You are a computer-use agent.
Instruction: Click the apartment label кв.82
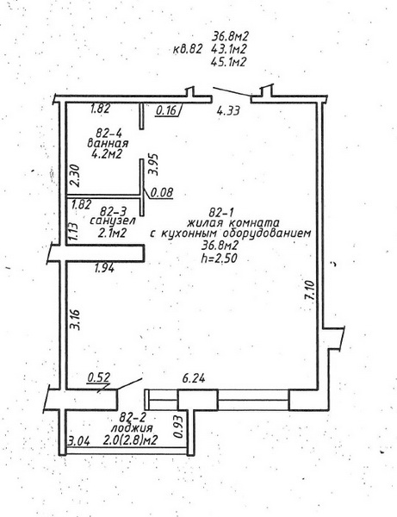[187, 49]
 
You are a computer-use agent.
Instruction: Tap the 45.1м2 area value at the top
[229, 62]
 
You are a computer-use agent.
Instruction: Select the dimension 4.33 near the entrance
[228, 110]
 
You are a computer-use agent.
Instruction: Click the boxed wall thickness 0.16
[166, 110]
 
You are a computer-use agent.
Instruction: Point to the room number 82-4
[109, 134]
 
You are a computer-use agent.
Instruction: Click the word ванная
[108, 143]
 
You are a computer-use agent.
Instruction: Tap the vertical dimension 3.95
[154, 165]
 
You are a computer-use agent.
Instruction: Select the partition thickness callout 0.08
[161, 192]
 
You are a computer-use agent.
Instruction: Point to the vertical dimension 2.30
[75, 176]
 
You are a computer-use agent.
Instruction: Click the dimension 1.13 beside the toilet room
[74, 232]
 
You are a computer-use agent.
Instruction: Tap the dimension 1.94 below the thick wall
[104, 269]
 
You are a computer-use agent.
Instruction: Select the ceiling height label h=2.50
[219, 258]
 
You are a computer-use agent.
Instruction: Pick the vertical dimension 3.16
[76, 319]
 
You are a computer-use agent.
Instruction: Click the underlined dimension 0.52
[98, 377]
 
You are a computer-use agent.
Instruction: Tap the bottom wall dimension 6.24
[194, 378]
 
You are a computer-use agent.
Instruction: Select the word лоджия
[132, 428]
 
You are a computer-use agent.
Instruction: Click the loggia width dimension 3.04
[78, 441]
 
